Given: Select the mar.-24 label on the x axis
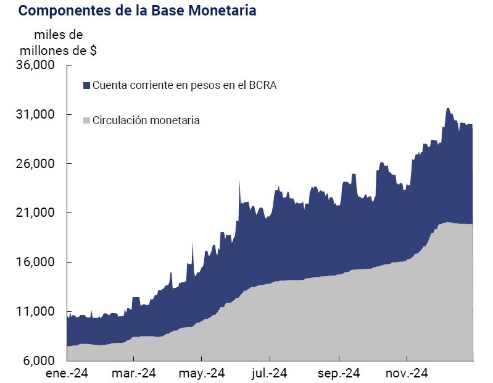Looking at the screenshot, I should click(134, 374).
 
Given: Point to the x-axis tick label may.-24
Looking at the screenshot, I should click(202, 374).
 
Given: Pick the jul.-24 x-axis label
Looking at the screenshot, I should click(270, 374).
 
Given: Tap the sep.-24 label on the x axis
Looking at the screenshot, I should click(339, 374).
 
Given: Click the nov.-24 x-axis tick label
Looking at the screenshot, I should click(407, 374).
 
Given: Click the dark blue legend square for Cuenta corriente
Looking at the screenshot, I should click(86, 85).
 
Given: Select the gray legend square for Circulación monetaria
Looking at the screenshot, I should click(86, 120).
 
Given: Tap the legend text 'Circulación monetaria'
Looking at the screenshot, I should click(146, 120).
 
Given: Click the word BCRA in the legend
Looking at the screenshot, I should click(262, 85).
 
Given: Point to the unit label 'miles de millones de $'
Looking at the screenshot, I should click(59, 43).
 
